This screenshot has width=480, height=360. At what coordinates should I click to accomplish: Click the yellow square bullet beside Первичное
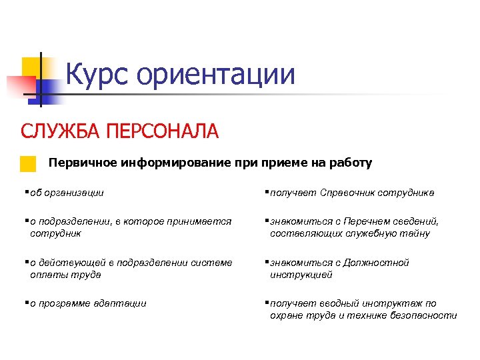[x=27, y=164]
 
